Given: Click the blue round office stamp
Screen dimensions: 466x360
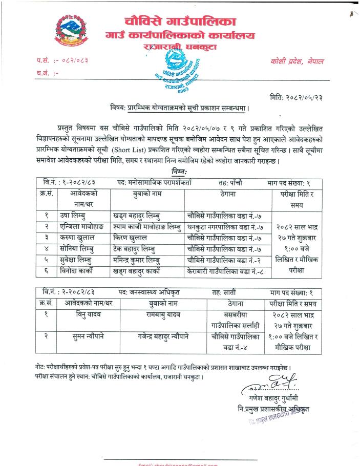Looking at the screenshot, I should [177, 70].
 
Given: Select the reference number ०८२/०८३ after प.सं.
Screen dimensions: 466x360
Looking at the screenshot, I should [71, 61].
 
